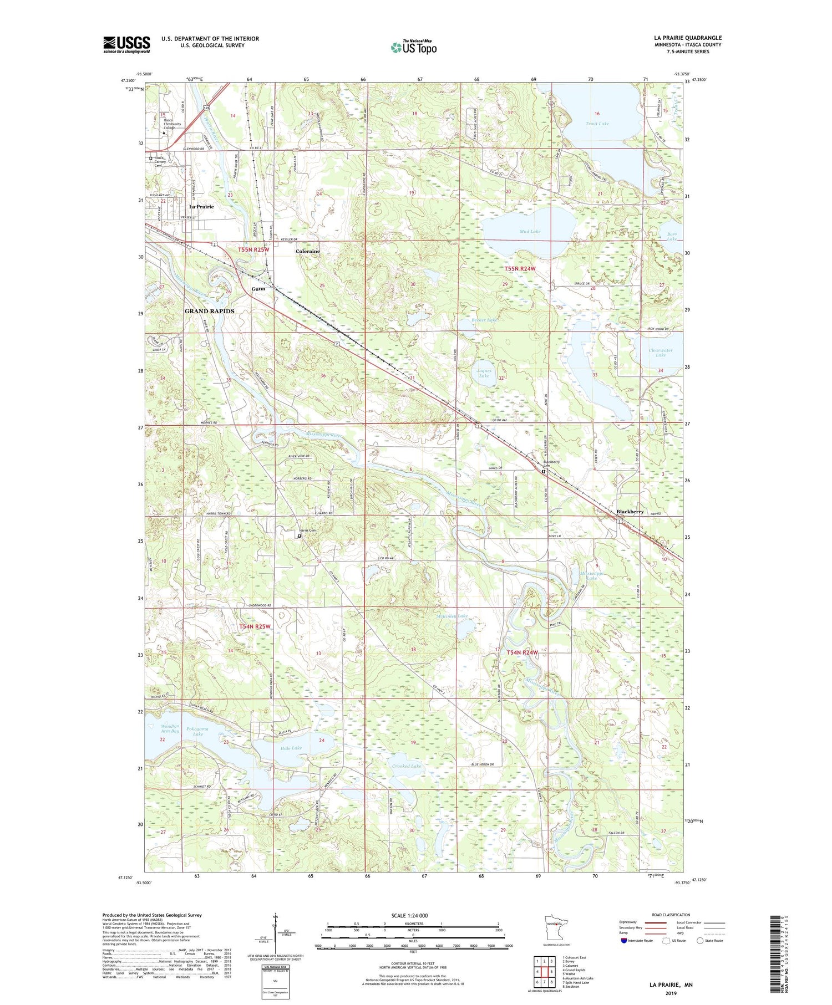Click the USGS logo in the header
pos(126,44)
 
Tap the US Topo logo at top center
pos(413,47)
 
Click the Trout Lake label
pos(597,124)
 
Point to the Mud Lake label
pos(530,231)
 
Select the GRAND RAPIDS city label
pos(209,311)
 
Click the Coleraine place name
pos(307,251)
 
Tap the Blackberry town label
pos(630,512)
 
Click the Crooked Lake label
pos(407,766)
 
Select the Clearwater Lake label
pos(660,352)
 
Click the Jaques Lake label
pos(484,373)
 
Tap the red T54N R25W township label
pos(255,626)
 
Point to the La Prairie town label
pos(201,207)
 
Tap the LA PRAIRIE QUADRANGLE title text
pos(688,38)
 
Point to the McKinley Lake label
pos(451,616)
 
